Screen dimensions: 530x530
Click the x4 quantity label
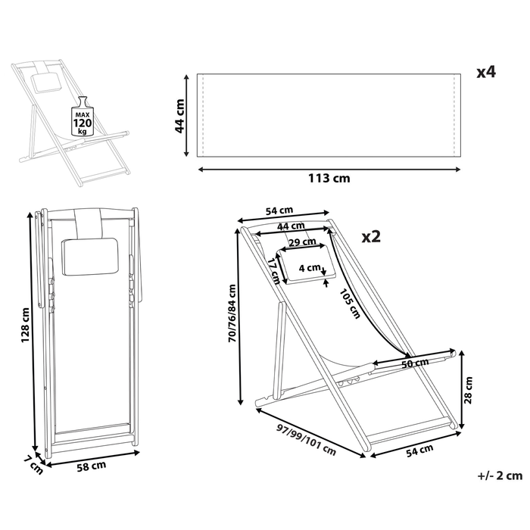[485, 73]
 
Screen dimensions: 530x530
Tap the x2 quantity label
[371, 236]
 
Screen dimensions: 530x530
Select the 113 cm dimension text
[330, 179]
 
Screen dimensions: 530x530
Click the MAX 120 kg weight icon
[82, 119]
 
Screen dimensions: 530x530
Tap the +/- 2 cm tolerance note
[500, 475]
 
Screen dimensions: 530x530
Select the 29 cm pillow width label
[303, 242]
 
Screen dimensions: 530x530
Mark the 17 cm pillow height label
[273, 270]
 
